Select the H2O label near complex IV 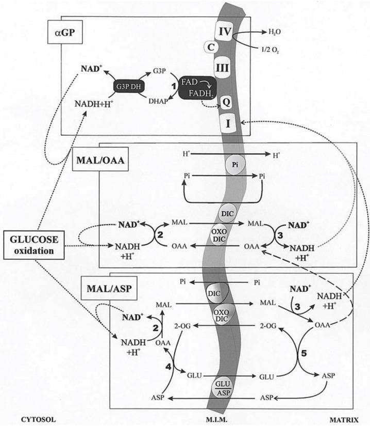coord(275,32)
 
